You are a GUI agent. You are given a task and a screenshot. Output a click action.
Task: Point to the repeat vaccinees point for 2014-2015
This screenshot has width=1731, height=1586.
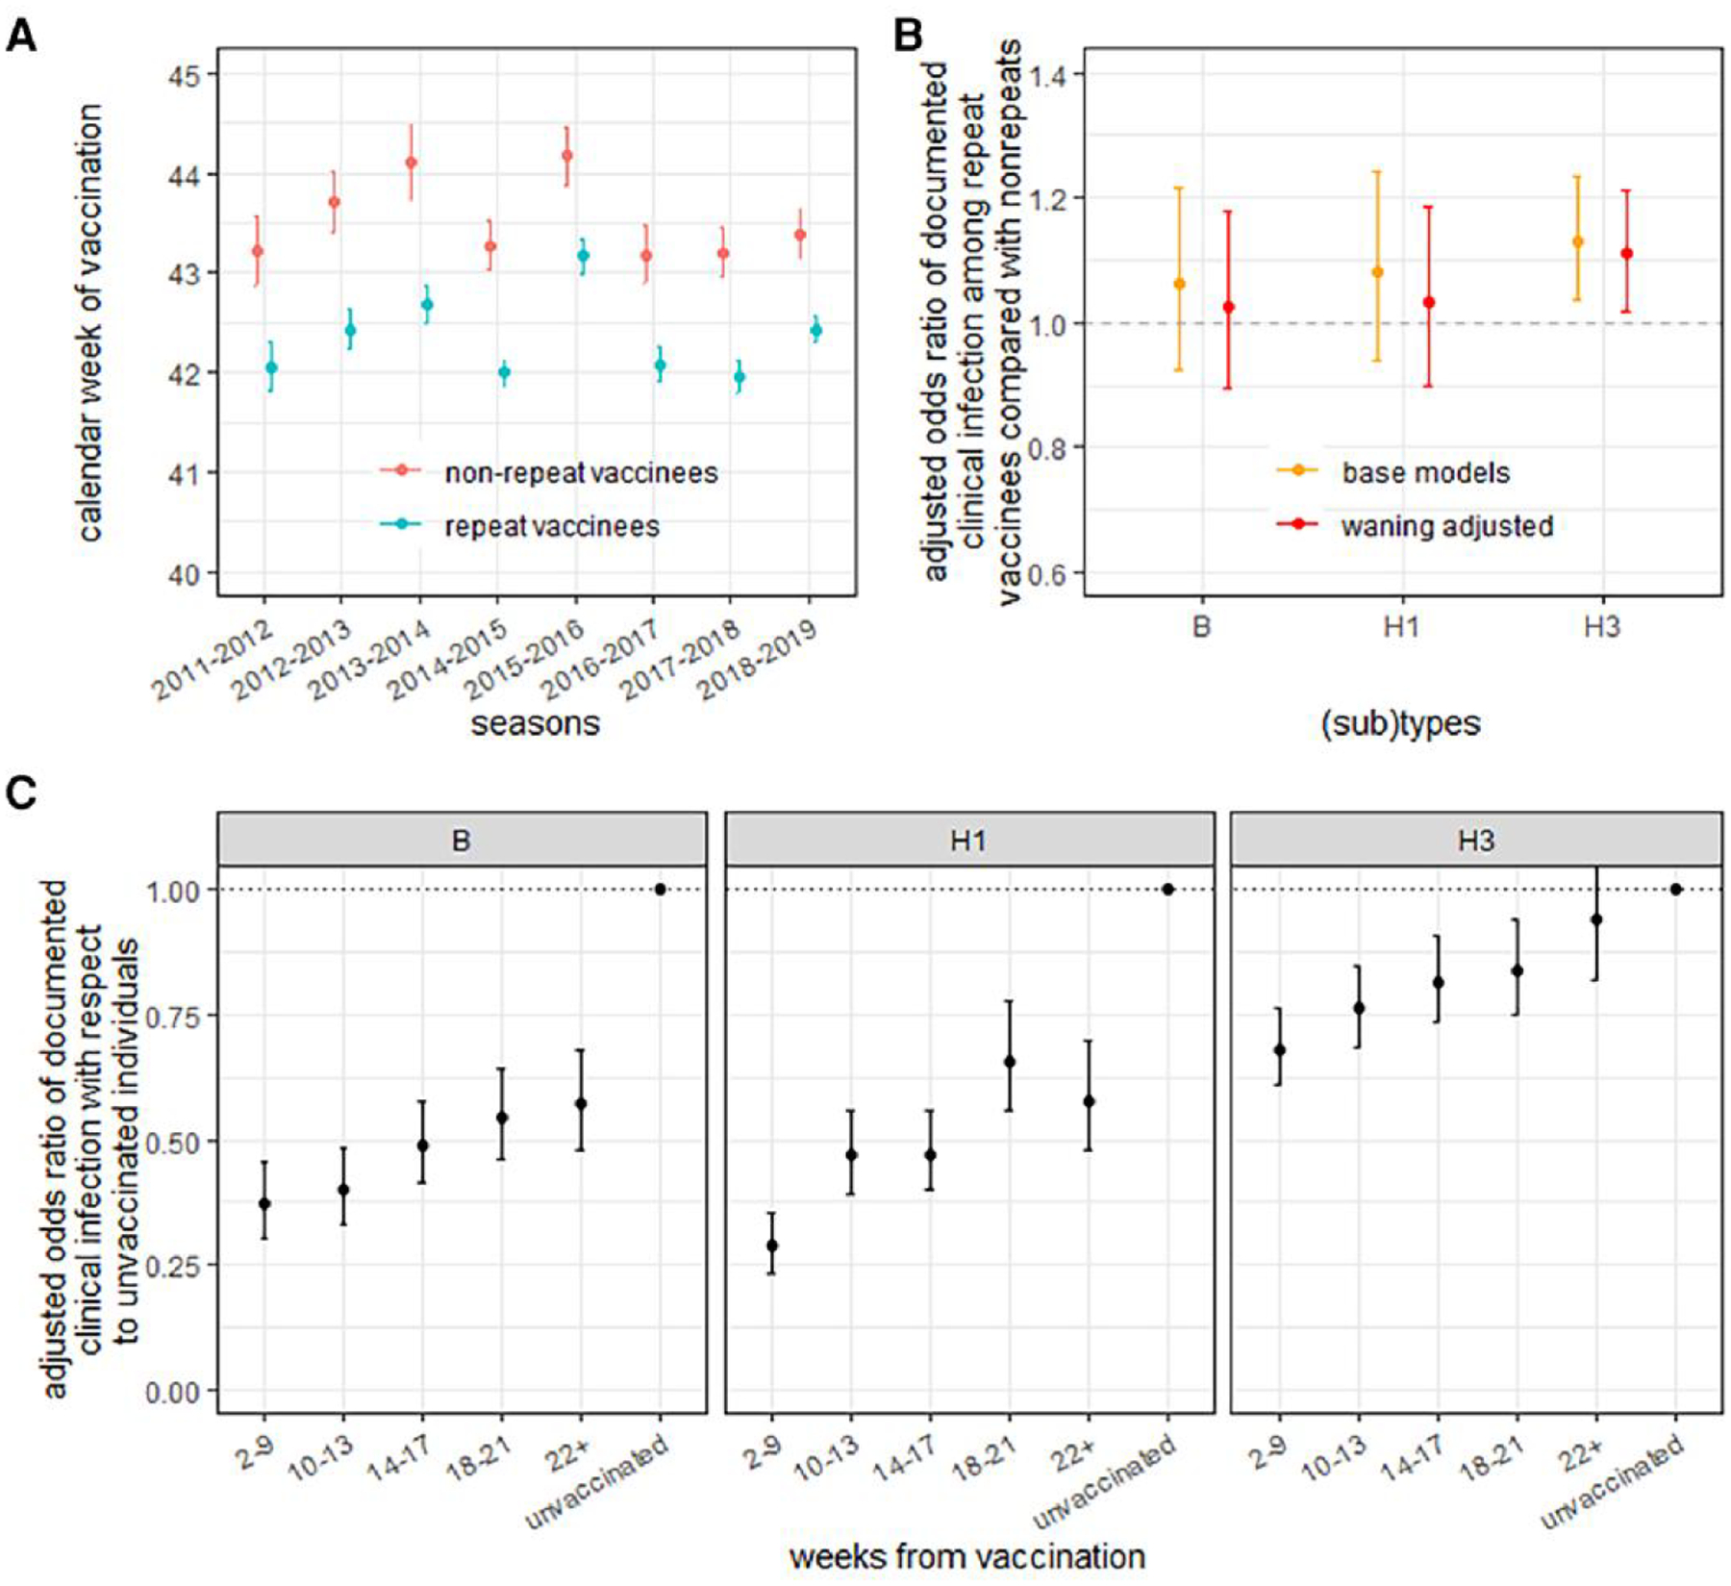[x=504, y=372]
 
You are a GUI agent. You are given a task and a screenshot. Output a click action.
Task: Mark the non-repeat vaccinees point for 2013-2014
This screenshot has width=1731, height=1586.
[x=412, y=163]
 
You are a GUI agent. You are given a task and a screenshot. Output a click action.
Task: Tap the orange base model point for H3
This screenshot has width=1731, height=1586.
[x=1577, y=241]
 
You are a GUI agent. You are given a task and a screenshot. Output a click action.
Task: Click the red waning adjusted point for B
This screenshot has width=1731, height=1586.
[x=1228, y=307]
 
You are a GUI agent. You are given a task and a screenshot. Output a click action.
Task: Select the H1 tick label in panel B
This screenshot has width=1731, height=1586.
[x=1401, y=627]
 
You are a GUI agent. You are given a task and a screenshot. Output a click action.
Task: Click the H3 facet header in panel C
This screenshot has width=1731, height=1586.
[x=1475, y=840]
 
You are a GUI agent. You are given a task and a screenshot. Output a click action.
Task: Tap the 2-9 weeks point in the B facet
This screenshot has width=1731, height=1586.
[x=264, y=1203]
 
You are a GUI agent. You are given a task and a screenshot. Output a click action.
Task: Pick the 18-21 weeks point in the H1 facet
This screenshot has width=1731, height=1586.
[x=1009, y=1061]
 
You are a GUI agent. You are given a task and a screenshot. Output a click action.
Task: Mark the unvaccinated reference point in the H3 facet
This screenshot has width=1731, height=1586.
[x=1676, y=890]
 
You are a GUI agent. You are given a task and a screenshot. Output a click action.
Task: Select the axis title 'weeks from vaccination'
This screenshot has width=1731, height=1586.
[x=966, y=1556]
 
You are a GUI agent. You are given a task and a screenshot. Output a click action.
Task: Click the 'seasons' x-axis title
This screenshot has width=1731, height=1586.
[x=535, y=723]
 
